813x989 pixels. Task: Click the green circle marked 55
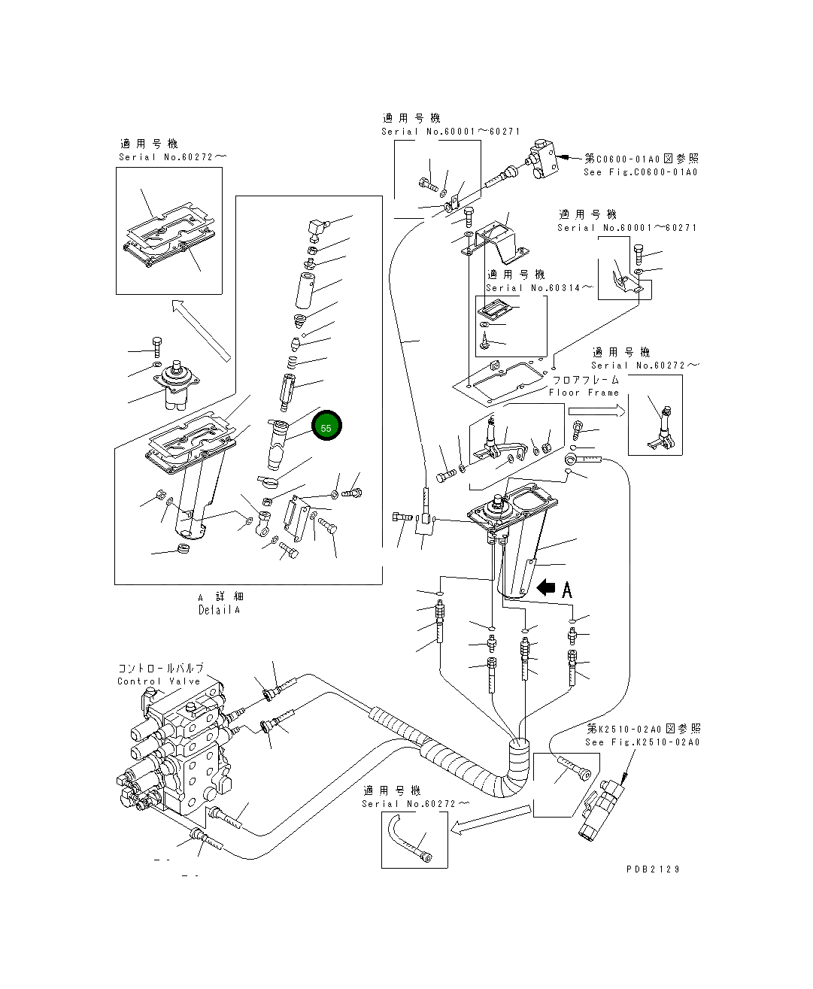tap(326, 427)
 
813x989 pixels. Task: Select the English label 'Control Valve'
tap(159, 681)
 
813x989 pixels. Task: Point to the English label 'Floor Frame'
tap(584, 393)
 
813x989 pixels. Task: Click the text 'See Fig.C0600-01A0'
tap(640, 172)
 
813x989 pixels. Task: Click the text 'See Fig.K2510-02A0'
tap(642, 742)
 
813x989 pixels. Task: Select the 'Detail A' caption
tap(220, 610)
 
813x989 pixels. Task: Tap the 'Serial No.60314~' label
tap(538, 288)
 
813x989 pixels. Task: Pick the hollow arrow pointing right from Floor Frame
tap(596, 411)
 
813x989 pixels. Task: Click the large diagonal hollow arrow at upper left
tap(201, 329)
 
